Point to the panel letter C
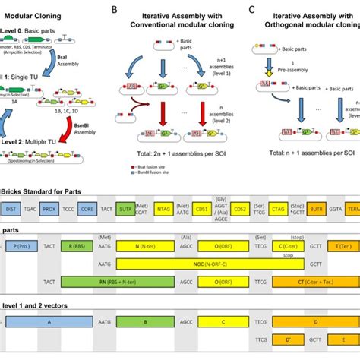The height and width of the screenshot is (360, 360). point(252,10)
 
